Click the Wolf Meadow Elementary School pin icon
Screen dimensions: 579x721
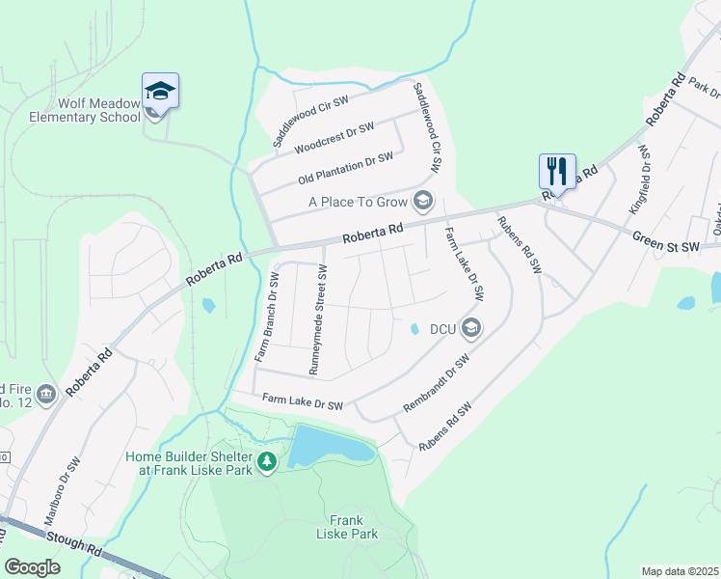coord(160,93)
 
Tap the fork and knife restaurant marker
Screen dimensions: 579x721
coord(557,172)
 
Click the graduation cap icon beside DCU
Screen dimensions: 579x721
coord(470,329)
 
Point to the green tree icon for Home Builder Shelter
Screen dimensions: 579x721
coord(267,464)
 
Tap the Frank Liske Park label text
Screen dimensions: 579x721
coord(348,526)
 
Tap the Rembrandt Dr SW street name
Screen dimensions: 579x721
coord(436,383)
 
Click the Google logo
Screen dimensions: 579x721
coord(32,566)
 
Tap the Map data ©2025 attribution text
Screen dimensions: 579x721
coord(679,571)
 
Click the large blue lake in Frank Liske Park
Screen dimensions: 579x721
coord(328,446)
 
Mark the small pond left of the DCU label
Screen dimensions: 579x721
coord(414,329)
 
